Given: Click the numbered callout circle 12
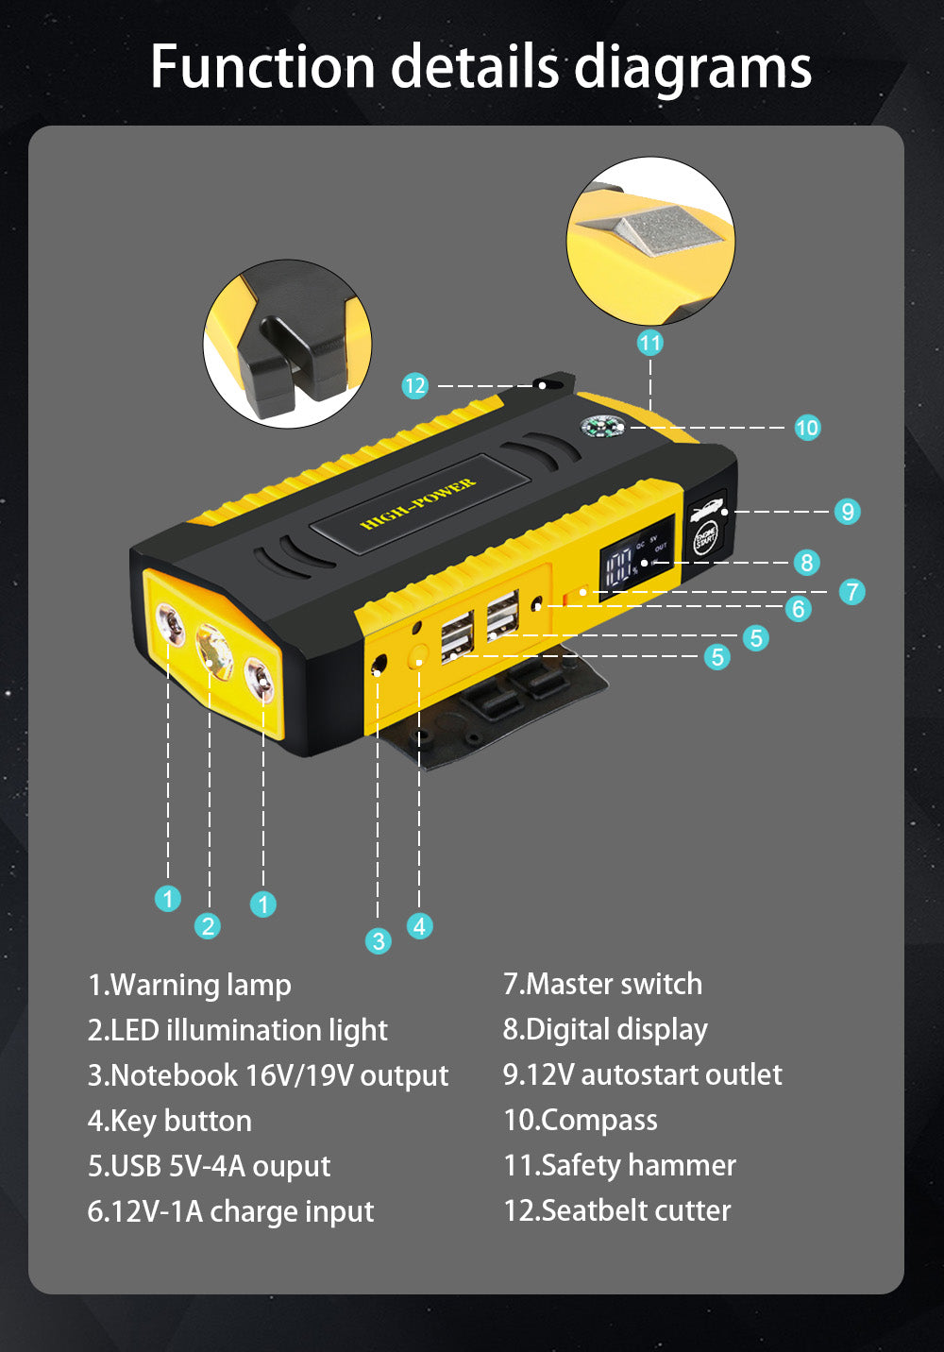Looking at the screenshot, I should point(415,385).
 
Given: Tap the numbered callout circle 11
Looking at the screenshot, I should point(649,342).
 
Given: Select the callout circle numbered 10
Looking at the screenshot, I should point(807,428).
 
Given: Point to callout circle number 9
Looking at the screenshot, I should point(848,511).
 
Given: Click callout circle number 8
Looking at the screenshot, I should point(806,563).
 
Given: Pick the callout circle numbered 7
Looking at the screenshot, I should point(852,592).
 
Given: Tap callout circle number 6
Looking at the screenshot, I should point(799,609).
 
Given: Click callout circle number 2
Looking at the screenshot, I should point(208,925).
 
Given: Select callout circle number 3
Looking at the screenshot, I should point(378,940).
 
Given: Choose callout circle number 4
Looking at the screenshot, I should point(419,925).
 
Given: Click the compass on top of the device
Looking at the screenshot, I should point(601,428).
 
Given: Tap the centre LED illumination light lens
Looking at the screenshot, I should point(214,652).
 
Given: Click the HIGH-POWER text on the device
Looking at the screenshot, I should point(418,504).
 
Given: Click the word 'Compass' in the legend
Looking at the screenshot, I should point(599,1120).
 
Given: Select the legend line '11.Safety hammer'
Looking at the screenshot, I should point(619,1165).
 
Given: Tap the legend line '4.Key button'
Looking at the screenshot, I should point(170,1121).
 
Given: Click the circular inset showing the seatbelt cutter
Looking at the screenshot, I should point(288,344).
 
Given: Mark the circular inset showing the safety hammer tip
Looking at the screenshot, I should point(650,242).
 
